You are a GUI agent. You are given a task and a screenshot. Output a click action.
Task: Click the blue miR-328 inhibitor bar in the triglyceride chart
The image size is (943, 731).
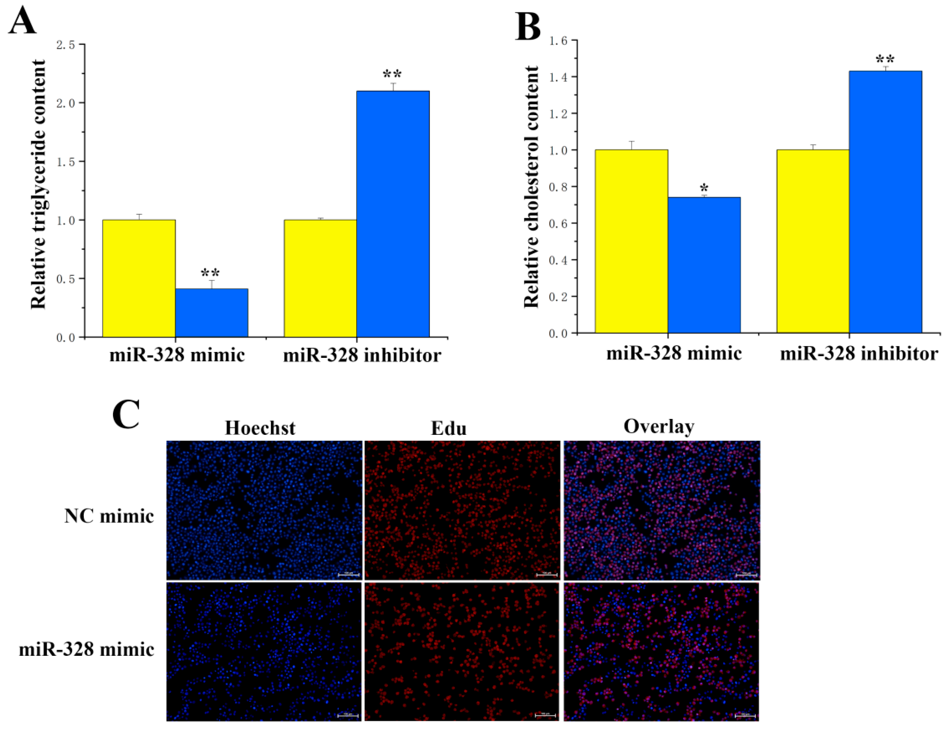(x=392, y=214)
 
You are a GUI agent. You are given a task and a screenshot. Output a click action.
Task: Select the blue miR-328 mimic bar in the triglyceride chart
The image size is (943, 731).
(x=211, y=313)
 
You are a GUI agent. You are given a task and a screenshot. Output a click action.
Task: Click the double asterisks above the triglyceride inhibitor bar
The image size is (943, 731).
(x=392, y=74)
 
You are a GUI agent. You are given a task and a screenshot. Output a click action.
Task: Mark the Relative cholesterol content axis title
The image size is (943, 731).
(x=531, y=187)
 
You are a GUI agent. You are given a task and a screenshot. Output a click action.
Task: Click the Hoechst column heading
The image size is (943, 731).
(x=260, y=428)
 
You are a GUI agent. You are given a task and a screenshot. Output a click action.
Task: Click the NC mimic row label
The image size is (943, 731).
(x=109, y=516)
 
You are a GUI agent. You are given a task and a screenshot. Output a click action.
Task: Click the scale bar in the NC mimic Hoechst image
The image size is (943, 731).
(x=348, y=574)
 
